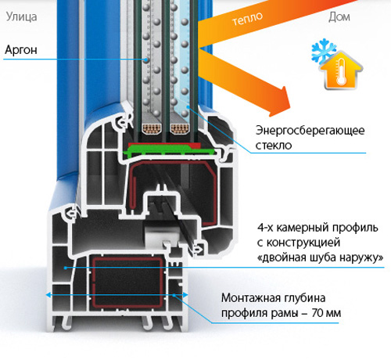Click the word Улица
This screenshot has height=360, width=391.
21,17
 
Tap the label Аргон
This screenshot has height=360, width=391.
21,50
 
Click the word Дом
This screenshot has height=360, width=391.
339,17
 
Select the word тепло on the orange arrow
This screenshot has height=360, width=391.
247,19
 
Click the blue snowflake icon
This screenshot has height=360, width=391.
323,51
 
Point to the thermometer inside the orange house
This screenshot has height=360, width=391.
341,71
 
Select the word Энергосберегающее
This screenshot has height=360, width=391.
310,131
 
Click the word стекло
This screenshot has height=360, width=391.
274,146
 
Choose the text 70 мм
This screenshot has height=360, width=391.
326,313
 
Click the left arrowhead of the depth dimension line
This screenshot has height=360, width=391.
48,295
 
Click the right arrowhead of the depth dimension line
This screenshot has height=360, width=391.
185,295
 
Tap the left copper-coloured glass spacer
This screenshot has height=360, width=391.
152,128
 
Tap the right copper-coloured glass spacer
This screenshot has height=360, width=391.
180,128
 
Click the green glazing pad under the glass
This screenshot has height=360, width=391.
170,150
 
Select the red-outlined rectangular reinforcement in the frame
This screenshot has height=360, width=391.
127,283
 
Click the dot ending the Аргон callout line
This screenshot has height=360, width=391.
147,59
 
